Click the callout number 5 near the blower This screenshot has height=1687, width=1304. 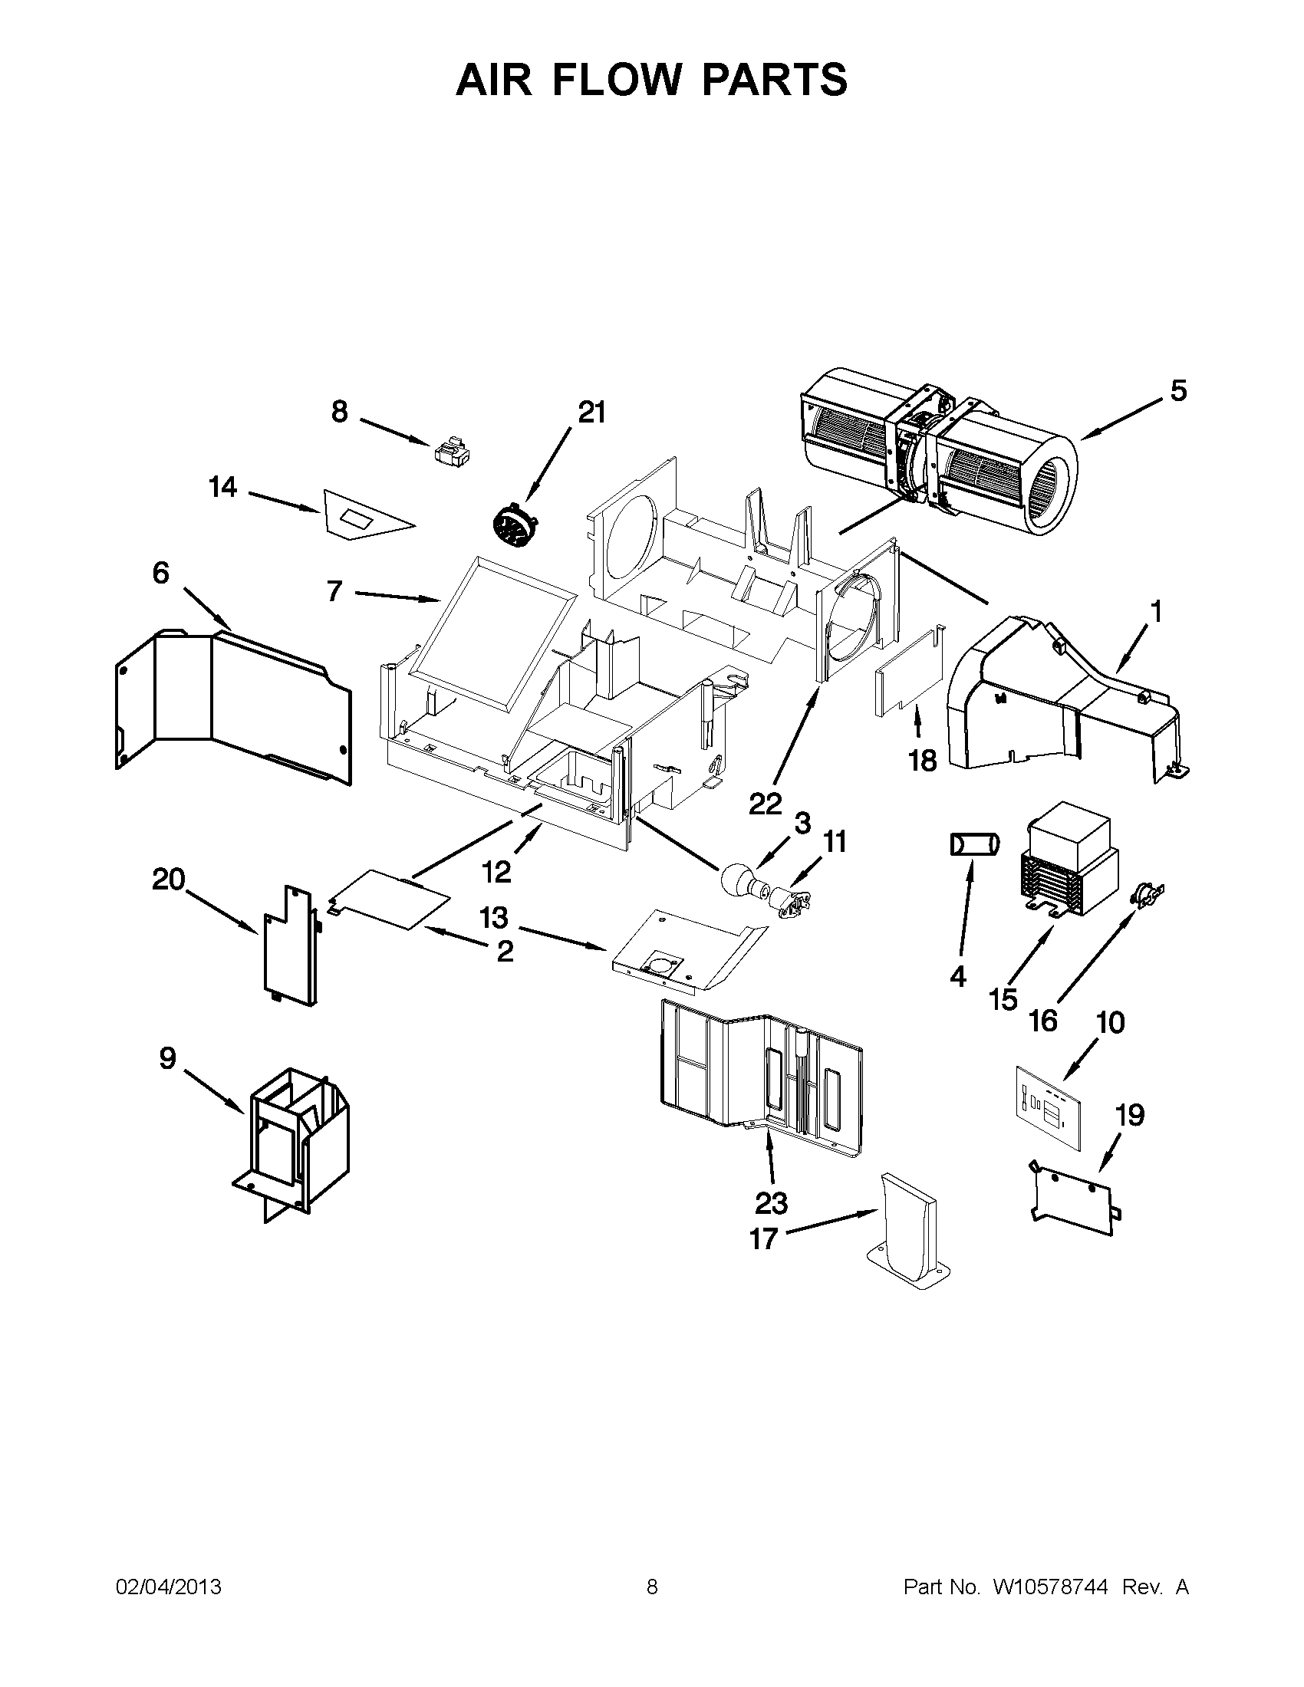[x=1177, y=391]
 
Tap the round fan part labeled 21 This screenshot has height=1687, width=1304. [x=513, y=525]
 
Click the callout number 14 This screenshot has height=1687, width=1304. [x=222, y=488]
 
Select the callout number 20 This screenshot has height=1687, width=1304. [x=170, y=879]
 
